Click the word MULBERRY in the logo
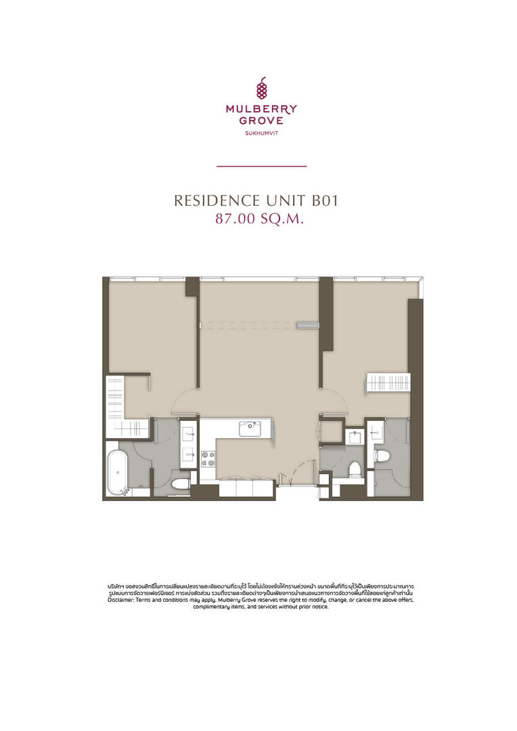tap(261, 110)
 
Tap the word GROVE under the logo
tap(261, 120)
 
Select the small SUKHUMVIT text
tap(261, 133)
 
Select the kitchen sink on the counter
tap(250, 428)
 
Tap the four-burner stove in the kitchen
tap(208, 458)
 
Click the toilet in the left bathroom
tap(181, 483)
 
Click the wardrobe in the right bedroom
tap(388, 383)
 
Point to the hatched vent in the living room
tap(307, 325)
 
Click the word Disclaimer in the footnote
tap(120, 600)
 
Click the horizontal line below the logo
tap(261, 166)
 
